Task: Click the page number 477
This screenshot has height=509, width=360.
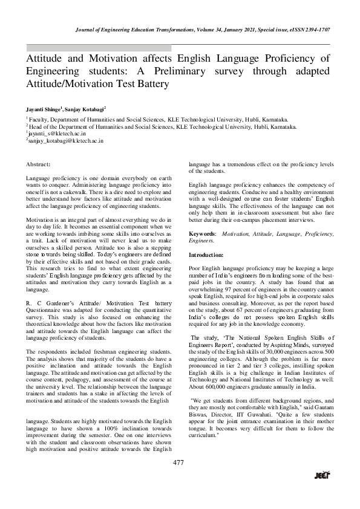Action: coord(178,463)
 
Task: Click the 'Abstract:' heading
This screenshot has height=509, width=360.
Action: coord(42,164)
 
